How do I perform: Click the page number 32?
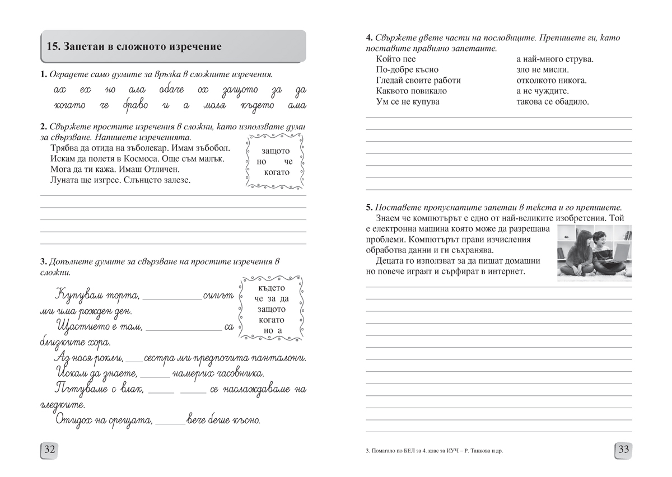pos(49,449)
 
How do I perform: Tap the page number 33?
pos(623,449)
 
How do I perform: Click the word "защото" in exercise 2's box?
pos(275,151)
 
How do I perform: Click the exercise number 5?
pos(368,207)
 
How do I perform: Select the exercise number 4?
pos(368,38)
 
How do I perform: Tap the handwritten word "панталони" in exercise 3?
pos(279,358)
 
